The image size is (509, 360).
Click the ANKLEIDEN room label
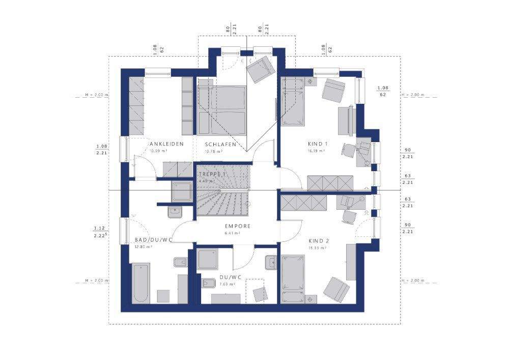coord(167,144)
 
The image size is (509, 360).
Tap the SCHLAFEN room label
coord(220,144)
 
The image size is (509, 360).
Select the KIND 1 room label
coord(317,144)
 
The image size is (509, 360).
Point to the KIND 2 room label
coord(319,241)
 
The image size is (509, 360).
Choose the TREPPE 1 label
coord(212,174)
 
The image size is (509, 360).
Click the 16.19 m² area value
coord(316,151)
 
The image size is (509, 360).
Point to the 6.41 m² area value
coord(232,233)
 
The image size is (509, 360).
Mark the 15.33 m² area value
coord(318,248)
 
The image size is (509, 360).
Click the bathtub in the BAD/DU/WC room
coord(140,283)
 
